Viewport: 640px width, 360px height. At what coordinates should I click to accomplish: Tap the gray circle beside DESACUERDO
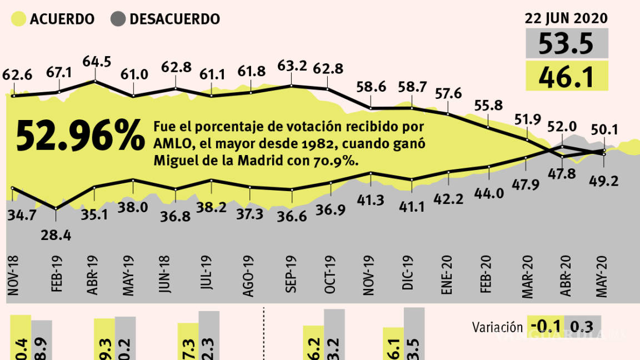(x=117, y=18)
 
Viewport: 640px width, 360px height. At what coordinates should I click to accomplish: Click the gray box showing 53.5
(x=567, y=43)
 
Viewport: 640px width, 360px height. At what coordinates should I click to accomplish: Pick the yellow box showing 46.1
(x=567, y=76)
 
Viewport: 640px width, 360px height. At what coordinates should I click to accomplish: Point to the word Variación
(x=497, y=327)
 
